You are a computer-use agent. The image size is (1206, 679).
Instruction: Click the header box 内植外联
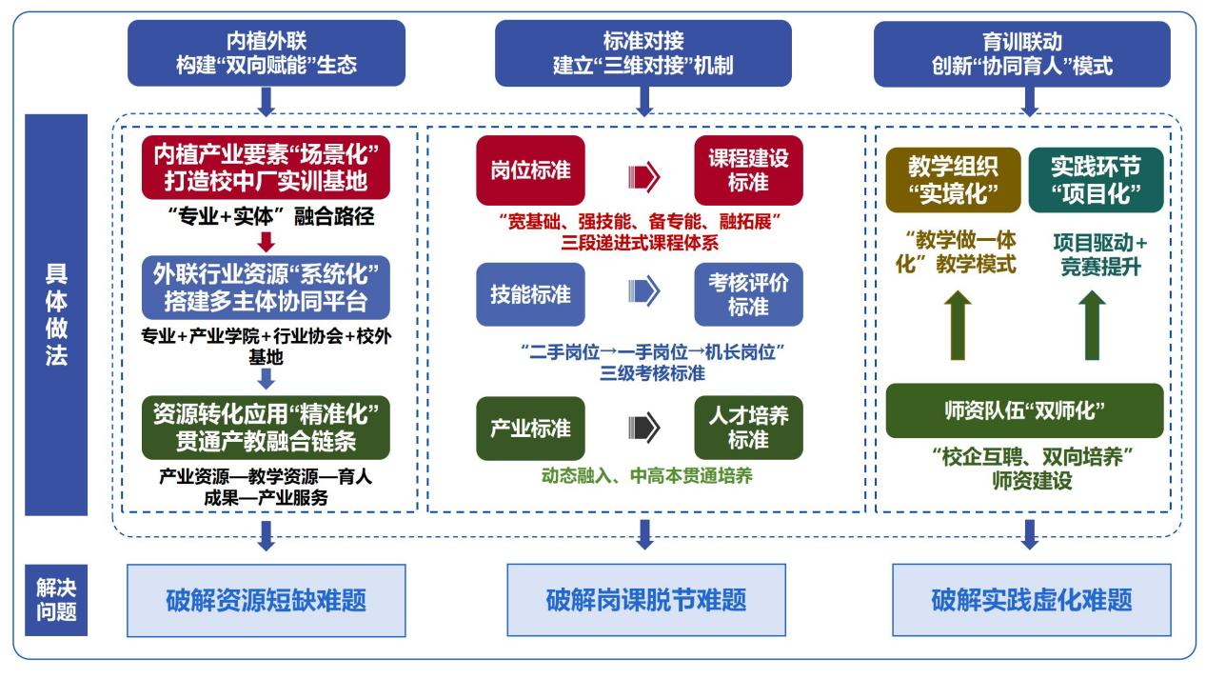[266, 53]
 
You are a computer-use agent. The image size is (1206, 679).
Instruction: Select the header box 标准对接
[643, 53]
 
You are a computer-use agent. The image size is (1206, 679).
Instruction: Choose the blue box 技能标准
[530, 295]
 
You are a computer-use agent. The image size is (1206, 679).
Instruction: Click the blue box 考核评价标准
[748, 295]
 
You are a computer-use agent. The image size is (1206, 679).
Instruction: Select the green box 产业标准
[530, 429]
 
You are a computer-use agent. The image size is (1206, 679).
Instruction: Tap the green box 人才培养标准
[748, 429]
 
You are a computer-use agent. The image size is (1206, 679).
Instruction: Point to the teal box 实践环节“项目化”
[1095, 179]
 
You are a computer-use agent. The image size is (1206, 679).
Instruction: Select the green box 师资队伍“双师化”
[1024, 410]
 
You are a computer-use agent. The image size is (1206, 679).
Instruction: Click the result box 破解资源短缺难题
[266, 600]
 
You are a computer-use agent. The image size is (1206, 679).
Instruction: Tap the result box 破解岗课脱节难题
[645, 600]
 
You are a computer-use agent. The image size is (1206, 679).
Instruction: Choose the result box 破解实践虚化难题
[1031, 600]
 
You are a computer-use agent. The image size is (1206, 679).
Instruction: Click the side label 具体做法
[56, 314]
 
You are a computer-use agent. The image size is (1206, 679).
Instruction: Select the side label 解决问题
[56, 600]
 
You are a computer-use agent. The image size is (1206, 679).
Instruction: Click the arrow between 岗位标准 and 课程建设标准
[643, 175]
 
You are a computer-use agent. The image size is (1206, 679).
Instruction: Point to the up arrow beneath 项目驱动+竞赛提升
[1094, 325]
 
